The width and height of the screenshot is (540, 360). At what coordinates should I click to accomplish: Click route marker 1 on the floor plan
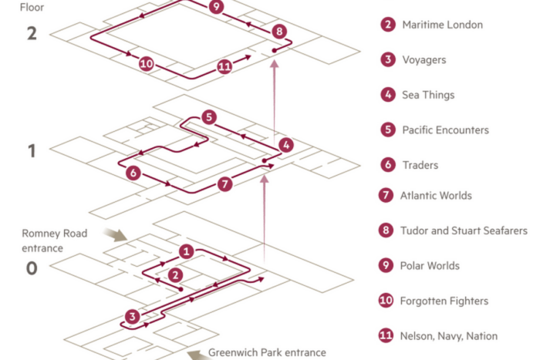coord(187,251)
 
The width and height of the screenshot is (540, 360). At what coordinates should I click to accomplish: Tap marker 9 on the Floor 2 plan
coord(216,6)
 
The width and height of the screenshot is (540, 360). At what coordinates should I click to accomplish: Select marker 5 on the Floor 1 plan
coord(209,117)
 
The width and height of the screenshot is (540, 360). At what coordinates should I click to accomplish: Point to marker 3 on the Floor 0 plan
coord(132,316)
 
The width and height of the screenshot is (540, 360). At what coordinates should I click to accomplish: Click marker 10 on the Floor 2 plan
coord(146,64)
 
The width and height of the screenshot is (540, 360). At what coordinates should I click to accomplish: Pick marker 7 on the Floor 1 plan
coord(225,183)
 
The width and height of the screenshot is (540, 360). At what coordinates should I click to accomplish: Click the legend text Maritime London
coord(443,25)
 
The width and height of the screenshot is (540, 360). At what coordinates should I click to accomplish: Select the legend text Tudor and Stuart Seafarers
coord(464,230)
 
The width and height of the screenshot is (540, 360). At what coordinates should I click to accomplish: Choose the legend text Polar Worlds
coord(430,266)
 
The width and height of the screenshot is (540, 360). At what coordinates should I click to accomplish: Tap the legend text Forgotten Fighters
coord(444,301)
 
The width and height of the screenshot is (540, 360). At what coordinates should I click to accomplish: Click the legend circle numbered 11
coord(386,335)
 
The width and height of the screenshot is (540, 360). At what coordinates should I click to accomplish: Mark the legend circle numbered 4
coord(388,95)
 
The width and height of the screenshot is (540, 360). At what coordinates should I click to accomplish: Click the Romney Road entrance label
coord(54,241)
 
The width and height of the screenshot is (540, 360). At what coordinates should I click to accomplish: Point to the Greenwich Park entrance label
coord(267,352)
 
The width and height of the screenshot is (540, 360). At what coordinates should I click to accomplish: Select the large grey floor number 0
coord(32,268)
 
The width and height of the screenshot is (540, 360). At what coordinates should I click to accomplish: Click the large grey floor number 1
coord(32,151)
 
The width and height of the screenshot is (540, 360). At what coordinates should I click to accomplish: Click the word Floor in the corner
coord(32,7)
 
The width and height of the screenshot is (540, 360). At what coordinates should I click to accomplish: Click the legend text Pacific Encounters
coord(446,130)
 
